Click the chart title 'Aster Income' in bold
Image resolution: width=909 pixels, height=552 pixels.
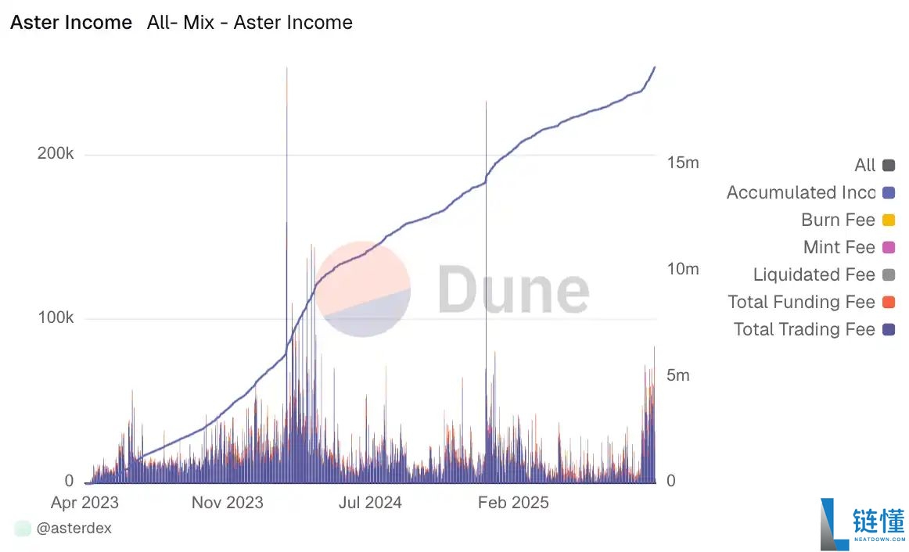point(71,23)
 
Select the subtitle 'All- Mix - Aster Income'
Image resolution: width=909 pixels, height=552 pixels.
point(250,23)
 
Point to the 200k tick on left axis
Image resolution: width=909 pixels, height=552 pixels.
point(56,154)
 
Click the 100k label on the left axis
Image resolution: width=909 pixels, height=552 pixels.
point(56,318)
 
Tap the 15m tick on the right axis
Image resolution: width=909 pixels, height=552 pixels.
point(683,163)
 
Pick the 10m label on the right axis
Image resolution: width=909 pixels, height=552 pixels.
point(683,269)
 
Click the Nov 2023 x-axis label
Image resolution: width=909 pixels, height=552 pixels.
point(228,502)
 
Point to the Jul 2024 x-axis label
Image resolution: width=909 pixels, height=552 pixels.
point(370,502)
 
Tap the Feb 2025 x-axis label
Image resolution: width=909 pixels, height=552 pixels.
point(513,502)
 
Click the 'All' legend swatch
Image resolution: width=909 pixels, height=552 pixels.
point(888,165)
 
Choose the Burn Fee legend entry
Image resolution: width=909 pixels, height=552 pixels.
point(838,220)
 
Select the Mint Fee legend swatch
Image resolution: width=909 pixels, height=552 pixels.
point(888,247)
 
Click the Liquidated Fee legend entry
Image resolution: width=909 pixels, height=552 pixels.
point(814,274)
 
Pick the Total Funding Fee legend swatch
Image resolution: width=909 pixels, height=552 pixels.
point(888,302)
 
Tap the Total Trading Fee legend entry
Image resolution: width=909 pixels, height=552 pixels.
point(803,329)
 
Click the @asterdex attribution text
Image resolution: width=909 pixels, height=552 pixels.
point(74,529)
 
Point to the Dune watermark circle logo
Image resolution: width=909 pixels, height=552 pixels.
point(363,289)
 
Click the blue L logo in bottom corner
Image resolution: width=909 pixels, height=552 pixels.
point(834,524)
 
